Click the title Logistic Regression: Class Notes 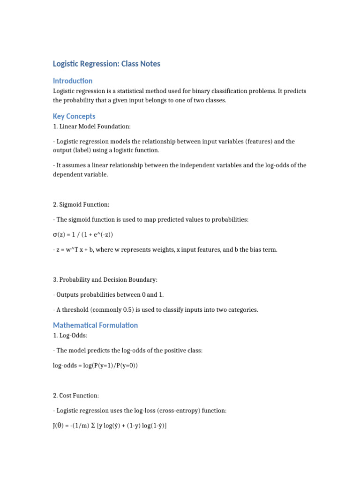pos(106,64)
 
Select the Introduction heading pos(73,81)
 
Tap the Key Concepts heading pos(74,116)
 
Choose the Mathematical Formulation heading pos(95,325)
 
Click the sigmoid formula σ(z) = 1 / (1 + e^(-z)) pos(83,234)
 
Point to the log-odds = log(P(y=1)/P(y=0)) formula pos(95,366)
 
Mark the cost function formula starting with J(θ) pos(110,426)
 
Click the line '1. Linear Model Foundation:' pos(89,127)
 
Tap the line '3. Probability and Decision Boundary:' pos(105,279)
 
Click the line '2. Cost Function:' pos(76,396)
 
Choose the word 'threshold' pos(76,309)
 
